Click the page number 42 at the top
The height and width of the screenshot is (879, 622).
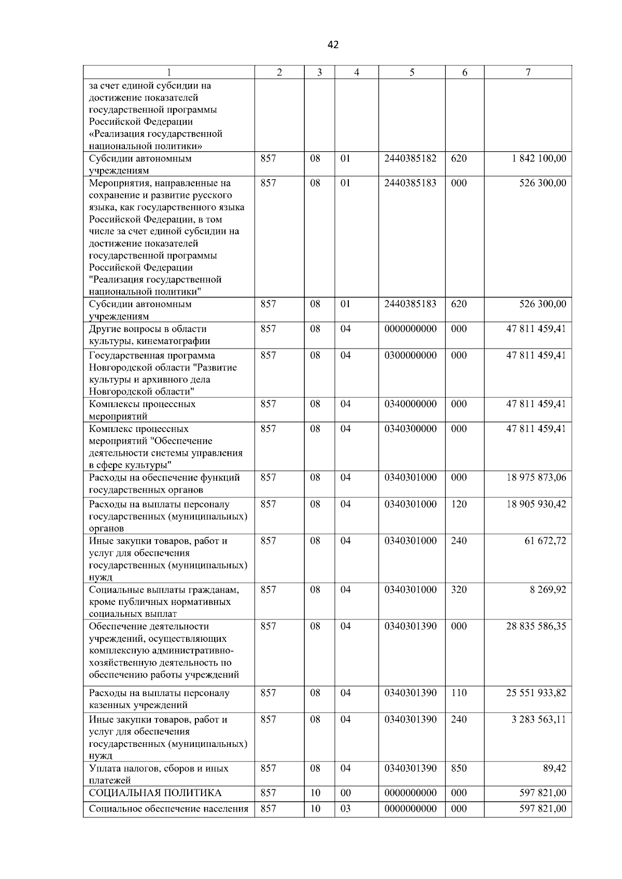[333, 45]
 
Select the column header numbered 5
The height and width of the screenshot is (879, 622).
[412, 73]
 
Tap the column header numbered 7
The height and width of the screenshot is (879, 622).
[528, 73]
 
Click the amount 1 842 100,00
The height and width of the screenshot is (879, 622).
[539, 158]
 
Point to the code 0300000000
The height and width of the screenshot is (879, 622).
[411, 355]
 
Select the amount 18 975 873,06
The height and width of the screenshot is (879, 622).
[536, 478]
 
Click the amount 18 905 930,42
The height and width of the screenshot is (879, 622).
[536, 505]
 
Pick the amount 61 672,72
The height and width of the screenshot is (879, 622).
[545, 541]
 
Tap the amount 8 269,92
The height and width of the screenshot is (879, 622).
[548, 589]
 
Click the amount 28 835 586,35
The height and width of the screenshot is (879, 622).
[536, 626]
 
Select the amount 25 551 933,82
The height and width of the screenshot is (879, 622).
[536, 693]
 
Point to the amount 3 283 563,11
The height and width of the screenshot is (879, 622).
[539, 719]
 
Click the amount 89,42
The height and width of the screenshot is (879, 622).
[555, 768]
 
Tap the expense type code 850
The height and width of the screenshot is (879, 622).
[459, 768]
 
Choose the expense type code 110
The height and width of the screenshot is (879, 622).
[459, 693]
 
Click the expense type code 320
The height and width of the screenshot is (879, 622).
[459, 589]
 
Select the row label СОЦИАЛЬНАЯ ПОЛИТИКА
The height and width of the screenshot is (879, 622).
[155, 793]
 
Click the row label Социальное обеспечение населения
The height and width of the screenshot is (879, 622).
[168, 809]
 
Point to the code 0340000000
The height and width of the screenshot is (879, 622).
[411, 404]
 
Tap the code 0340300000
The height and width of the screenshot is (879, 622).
[411, 429]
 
